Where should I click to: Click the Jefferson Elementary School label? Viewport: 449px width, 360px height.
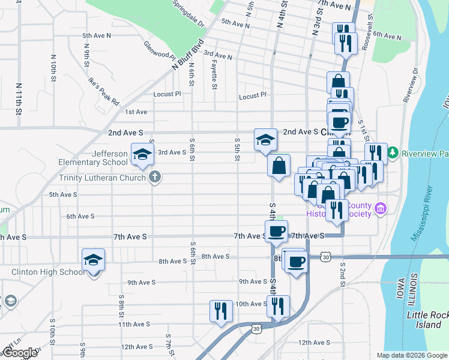point(93,158)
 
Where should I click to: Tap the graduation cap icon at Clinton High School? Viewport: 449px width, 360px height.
point(94,260)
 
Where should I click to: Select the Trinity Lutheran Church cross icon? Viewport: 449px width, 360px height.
point(154,177)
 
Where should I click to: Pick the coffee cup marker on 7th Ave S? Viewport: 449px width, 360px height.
point(277,231)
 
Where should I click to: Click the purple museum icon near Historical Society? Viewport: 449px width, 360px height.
point(380,209)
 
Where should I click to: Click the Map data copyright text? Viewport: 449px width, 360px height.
point(411,355)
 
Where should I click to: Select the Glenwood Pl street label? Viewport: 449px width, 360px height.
point(159,51)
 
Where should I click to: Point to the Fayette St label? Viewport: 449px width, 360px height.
point(214,77)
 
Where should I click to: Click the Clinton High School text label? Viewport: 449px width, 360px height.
point(48,272)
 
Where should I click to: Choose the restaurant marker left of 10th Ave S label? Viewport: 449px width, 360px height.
point(220,310)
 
